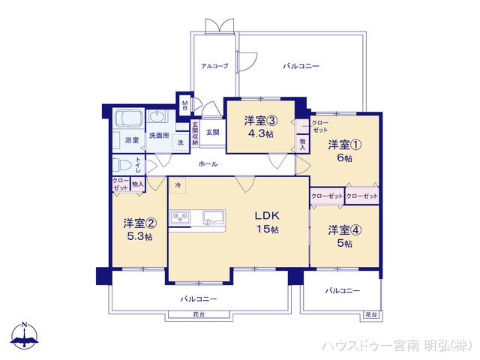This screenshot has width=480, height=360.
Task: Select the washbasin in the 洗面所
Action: (159, 118)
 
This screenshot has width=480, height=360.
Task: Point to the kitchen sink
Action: (212, 217)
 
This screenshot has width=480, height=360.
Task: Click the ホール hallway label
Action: (208, 163)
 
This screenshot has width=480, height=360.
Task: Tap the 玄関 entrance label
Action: (211, 133)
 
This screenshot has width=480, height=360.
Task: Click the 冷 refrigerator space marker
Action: (178, 184)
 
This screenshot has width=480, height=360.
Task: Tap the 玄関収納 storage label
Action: (194, 133)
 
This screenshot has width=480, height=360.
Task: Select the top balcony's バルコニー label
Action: (301, 67)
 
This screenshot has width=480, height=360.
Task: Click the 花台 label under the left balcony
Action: (198, 313)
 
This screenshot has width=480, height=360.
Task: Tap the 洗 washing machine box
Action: (180, 142)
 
